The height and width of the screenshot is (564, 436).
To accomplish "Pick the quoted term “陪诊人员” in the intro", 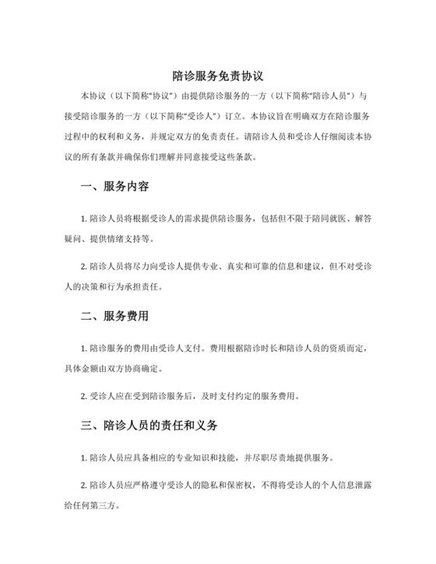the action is tap(319, 96).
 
